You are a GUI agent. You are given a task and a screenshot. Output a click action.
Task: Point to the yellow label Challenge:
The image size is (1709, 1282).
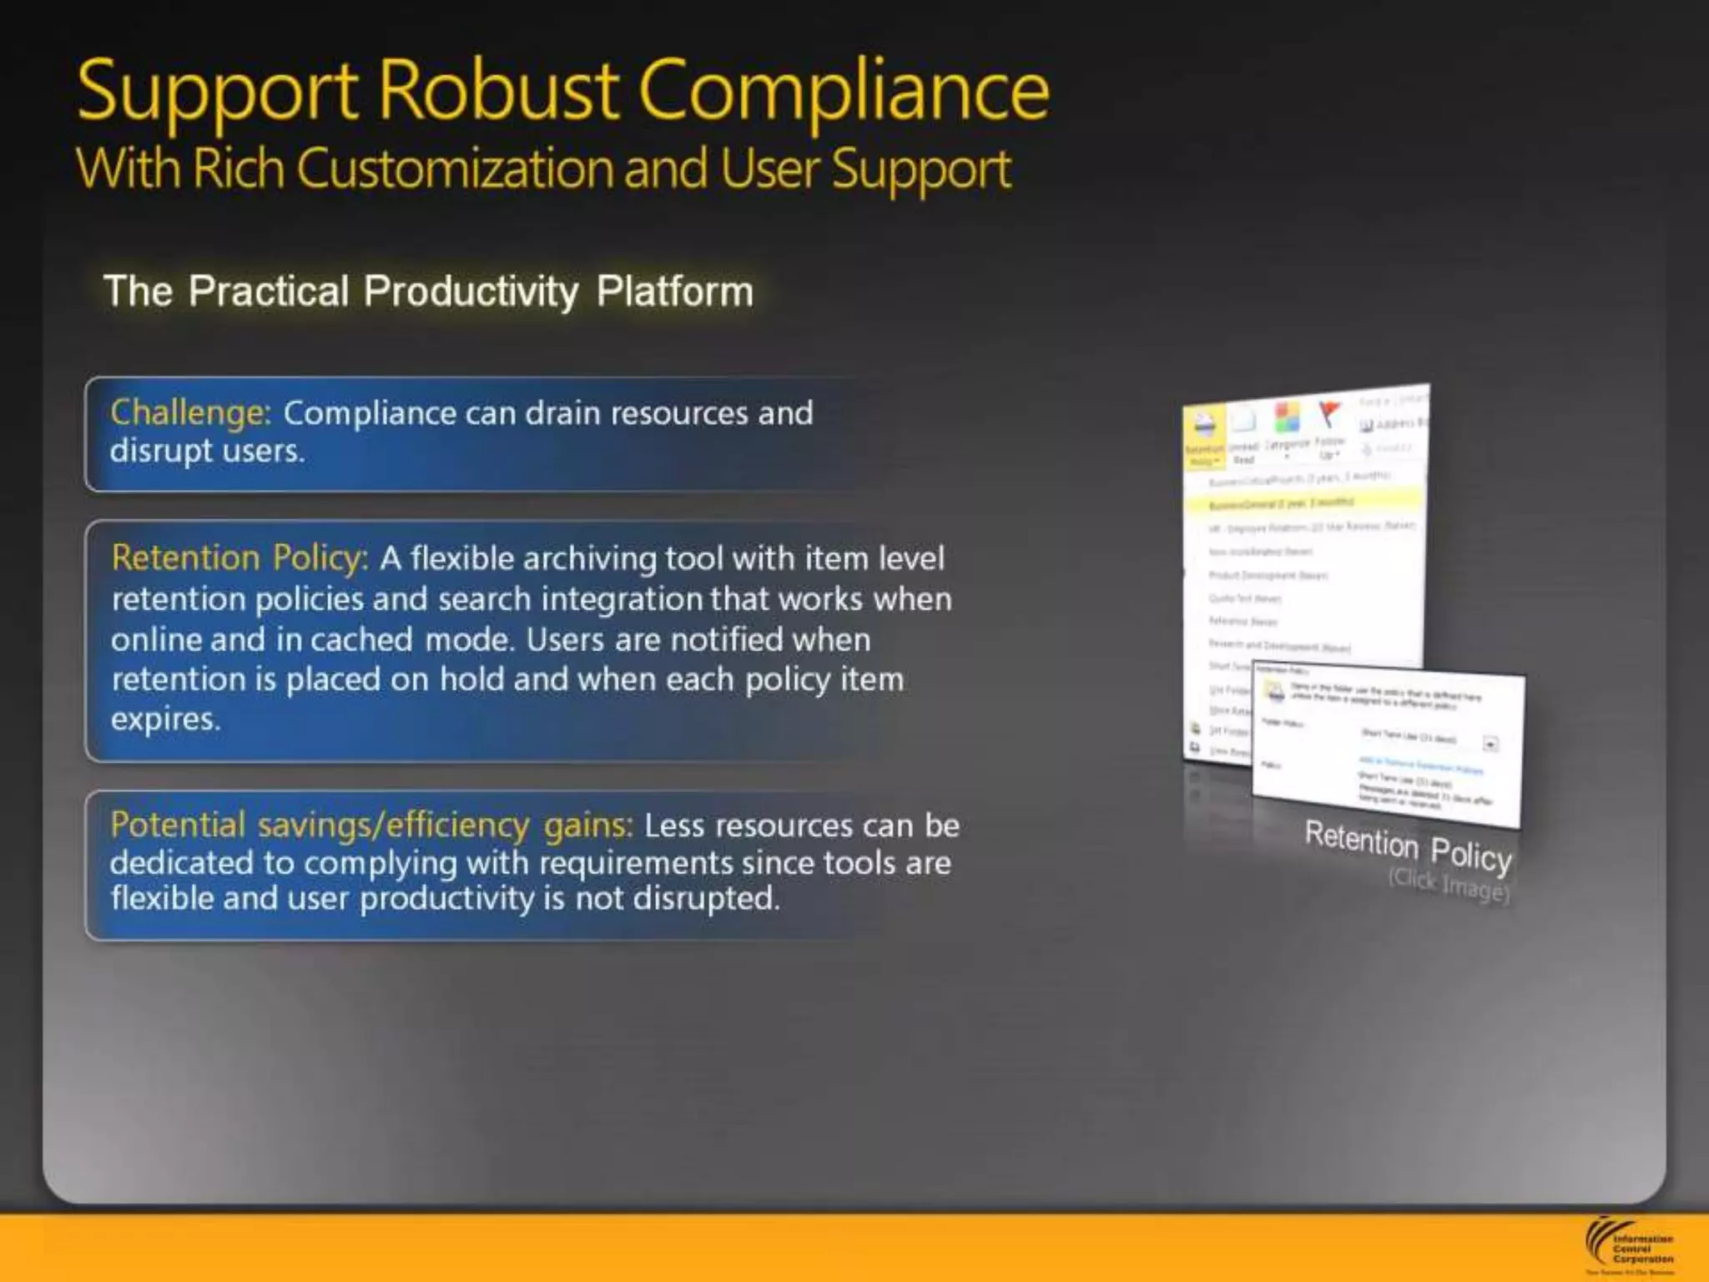pyautogui.click(x=190, y=413)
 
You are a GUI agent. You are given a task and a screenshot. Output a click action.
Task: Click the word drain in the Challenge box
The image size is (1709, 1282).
pyautogui.click(x=562, y=413)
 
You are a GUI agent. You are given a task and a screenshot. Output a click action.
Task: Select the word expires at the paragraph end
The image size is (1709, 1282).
pyautogui.click(x=165, y=719)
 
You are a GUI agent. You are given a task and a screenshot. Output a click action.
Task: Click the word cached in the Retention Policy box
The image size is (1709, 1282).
pyautogui.click(x=361, y=639)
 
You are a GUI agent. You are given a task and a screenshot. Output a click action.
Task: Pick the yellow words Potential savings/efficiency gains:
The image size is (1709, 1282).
pyautogui.click(x=371, y=825)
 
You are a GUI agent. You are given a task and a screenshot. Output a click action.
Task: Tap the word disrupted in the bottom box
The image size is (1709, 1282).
pyautogui.click(x=706, y=899)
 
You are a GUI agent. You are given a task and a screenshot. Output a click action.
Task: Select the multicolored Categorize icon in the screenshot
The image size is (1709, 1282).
pyautogui.click(x=1286, y=417)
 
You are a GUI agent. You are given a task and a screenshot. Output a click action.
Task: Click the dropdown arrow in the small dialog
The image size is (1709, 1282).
pyautogui.click(x=1490, y=743)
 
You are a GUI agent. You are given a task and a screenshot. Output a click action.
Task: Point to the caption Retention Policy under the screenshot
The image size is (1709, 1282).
pyautogui.click(x=1408, y=845)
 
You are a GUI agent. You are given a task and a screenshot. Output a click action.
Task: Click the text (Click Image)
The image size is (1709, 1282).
pyautogui.click(x=1449, y=885)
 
